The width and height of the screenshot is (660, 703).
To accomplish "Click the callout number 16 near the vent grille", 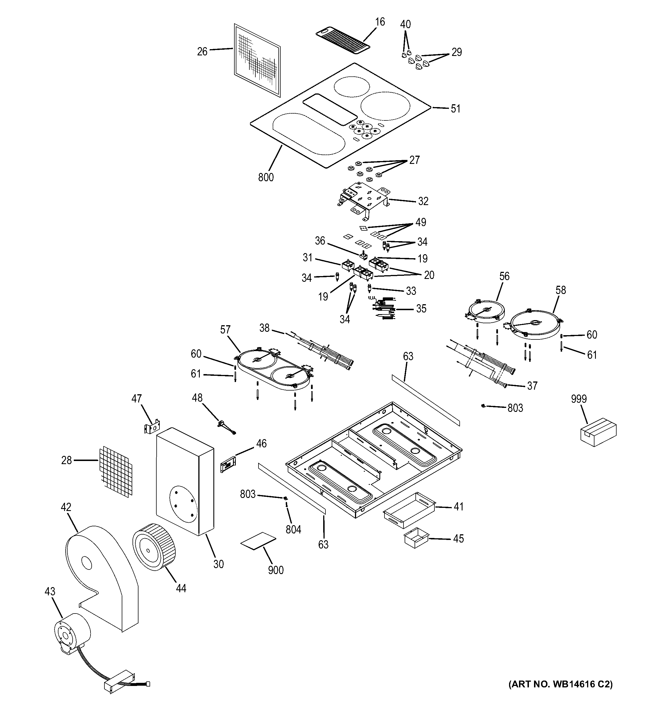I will tap(380, 22).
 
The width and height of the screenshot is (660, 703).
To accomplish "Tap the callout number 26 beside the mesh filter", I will tap(202, 52).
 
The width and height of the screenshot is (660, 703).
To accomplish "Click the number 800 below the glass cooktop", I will tap(266, 177).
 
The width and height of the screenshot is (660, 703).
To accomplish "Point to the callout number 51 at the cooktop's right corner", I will tap(455, 109).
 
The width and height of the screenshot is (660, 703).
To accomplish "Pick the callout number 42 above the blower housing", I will tap(66, 508).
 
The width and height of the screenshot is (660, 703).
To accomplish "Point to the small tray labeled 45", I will tap(416, 538).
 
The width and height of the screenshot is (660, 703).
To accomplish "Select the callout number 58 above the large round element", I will tap(560, 290).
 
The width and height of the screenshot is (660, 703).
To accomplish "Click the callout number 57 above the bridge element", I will tap(225, 330).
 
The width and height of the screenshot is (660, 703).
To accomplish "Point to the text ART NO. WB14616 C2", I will tap(560, 694).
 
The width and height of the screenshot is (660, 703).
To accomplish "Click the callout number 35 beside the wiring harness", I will tap(421, 309).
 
